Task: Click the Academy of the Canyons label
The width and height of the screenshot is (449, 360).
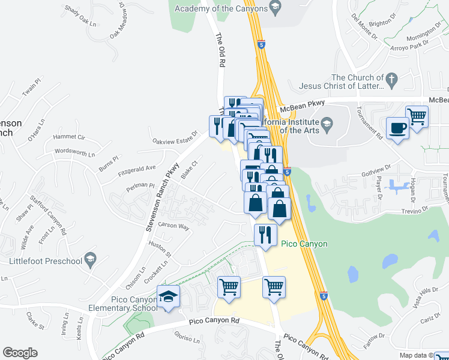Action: click(x=221, y=8)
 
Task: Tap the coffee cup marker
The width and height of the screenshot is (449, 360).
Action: click(x=397, y=128)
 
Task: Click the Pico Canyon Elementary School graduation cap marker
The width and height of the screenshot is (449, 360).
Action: click(x=169, y=297)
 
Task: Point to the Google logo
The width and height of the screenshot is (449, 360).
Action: click(x=20, y=353)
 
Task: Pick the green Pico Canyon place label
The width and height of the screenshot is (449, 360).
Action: click(x=304, y=244)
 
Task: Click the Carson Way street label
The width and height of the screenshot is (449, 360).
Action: click(x=174, y=227)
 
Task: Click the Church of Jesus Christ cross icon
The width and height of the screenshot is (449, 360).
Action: click(x=391, y=79)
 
